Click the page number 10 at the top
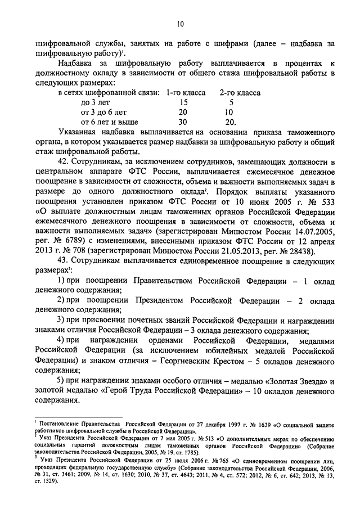(180, 24)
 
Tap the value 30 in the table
(183, 121)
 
